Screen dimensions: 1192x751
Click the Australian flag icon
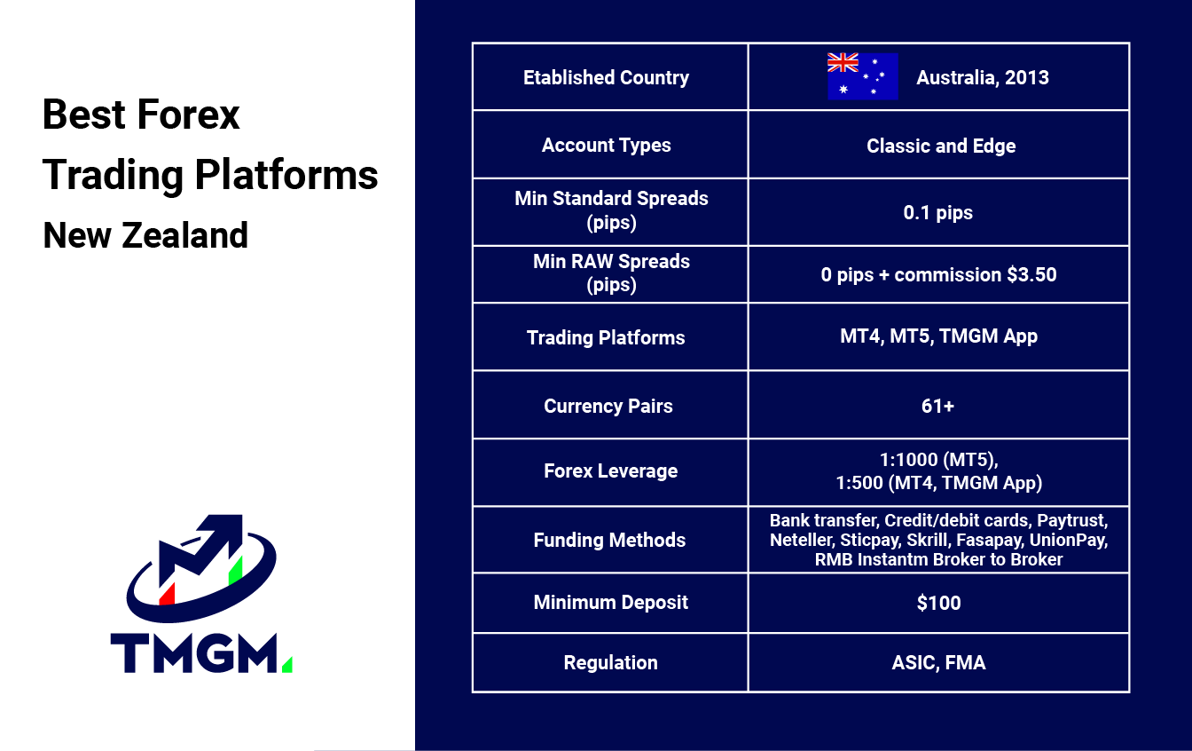[863, 76]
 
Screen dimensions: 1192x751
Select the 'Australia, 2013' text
[983, 78]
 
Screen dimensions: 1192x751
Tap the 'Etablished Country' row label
[606, 78]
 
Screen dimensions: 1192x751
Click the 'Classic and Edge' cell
[941, 146]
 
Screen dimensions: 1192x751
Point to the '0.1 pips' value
[937, 213]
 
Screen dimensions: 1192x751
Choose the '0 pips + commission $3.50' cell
[938, 275]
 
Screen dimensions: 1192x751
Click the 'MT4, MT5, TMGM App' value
[938, 336]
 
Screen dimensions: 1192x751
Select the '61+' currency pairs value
[937, 407]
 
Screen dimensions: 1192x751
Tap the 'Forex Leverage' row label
[610, 470]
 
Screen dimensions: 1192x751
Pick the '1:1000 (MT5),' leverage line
[938, 460]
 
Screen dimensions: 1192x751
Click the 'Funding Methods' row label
[609, 540]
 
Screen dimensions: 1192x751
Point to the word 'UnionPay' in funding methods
[1069, 540]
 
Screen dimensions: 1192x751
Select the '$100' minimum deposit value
[938, 603]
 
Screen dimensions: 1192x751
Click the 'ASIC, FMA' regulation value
[938, 662]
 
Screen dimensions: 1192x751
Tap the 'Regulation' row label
[610, 662]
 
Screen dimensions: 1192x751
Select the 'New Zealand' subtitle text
[145, 235]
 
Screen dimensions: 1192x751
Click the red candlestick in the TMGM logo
[167, 594]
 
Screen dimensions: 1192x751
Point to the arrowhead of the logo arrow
[223, 528]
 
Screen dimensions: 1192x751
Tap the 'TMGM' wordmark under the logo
[194, 653]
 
